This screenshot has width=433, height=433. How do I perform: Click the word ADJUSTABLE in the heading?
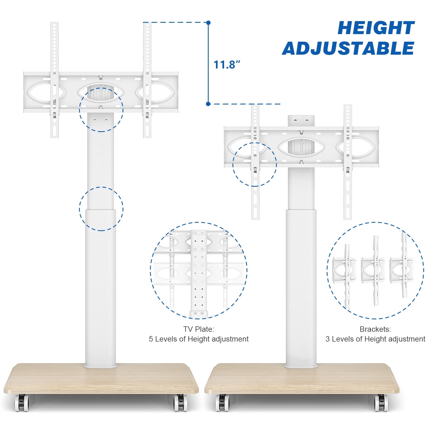(348, 48)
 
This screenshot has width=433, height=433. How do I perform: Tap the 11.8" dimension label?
(227, 65)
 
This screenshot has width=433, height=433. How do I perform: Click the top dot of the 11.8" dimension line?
(208, 23)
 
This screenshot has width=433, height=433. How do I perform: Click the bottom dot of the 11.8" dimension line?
(208, 104)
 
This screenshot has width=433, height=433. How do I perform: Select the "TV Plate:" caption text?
(199, 329)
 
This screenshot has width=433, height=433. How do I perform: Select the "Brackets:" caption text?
(375, 329)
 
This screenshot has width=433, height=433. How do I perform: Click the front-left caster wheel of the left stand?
(22, 403)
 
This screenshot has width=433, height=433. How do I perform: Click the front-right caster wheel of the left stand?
(180, 403)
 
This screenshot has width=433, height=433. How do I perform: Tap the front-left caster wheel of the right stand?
(222, 403)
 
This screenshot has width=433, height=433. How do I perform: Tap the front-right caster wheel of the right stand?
(381, 403)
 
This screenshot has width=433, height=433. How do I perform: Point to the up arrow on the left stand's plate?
(101, 91)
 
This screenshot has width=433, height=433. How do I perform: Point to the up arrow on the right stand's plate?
(301, 146)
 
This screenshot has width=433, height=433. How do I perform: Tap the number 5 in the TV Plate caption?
(151, 339)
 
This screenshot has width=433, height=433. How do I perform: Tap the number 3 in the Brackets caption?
(327, 339)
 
